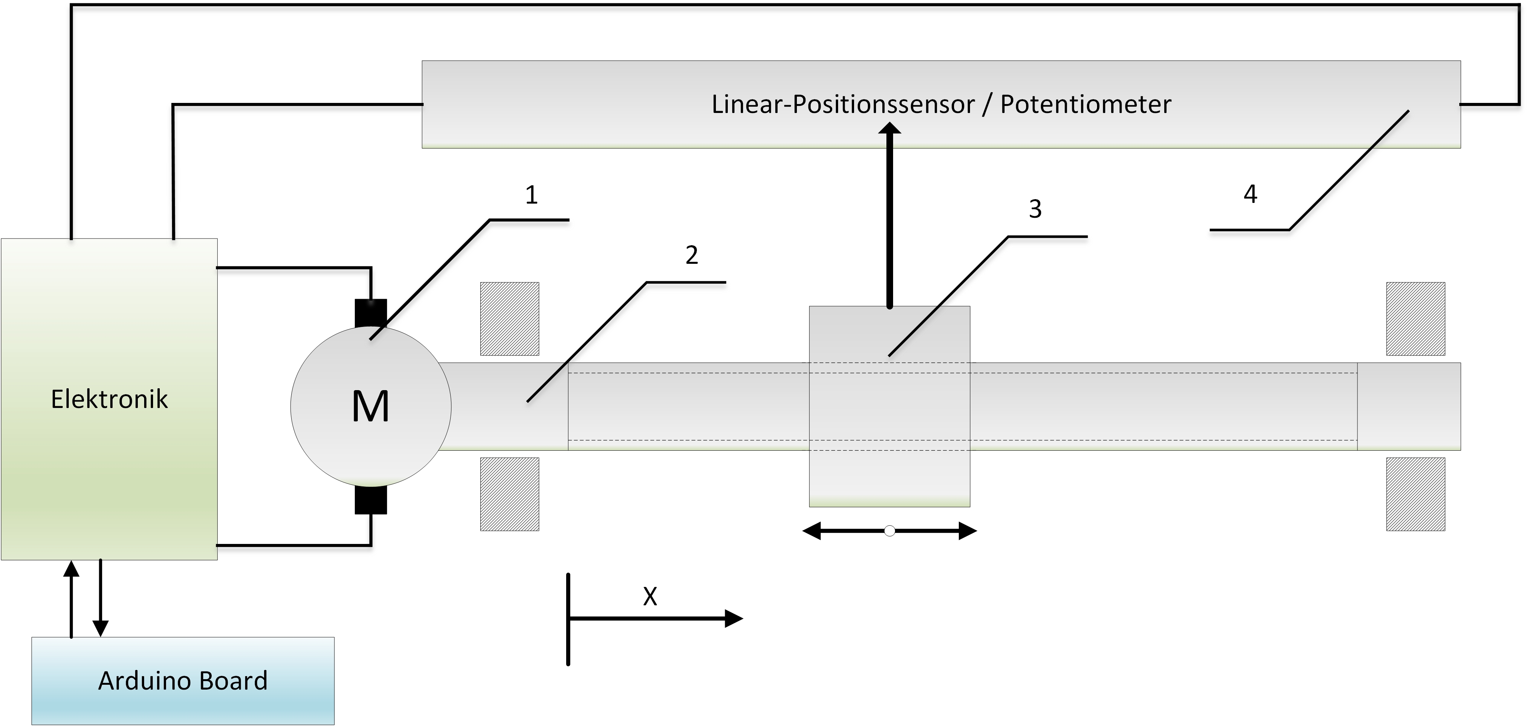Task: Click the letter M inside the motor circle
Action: click(371, 407)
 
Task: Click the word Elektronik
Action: click(109, 399)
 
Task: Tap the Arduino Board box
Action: click(183, 680)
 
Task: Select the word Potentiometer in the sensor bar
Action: click(1086, 104)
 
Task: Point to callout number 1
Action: click(532, 195)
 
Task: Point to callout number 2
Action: click(692, 255)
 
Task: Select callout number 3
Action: click(1035, 209)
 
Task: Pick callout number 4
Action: click(1250, 194)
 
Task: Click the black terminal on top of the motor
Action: click(371, 312)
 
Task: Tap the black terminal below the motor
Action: click(371, 500)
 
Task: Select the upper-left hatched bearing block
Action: click(510, 318)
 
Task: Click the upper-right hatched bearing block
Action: click(1415, 318)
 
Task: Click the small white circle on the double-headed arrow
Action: click(889, 531)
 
